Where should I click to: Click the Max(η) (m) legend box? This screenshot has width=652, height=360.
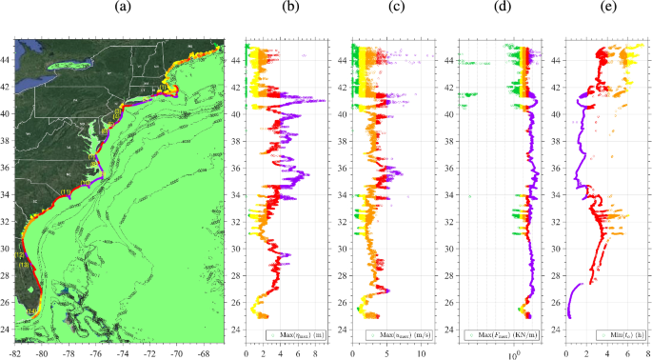(295, 334)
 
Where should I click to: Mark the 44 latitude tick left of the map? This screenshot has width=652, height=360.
(8, 59)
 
